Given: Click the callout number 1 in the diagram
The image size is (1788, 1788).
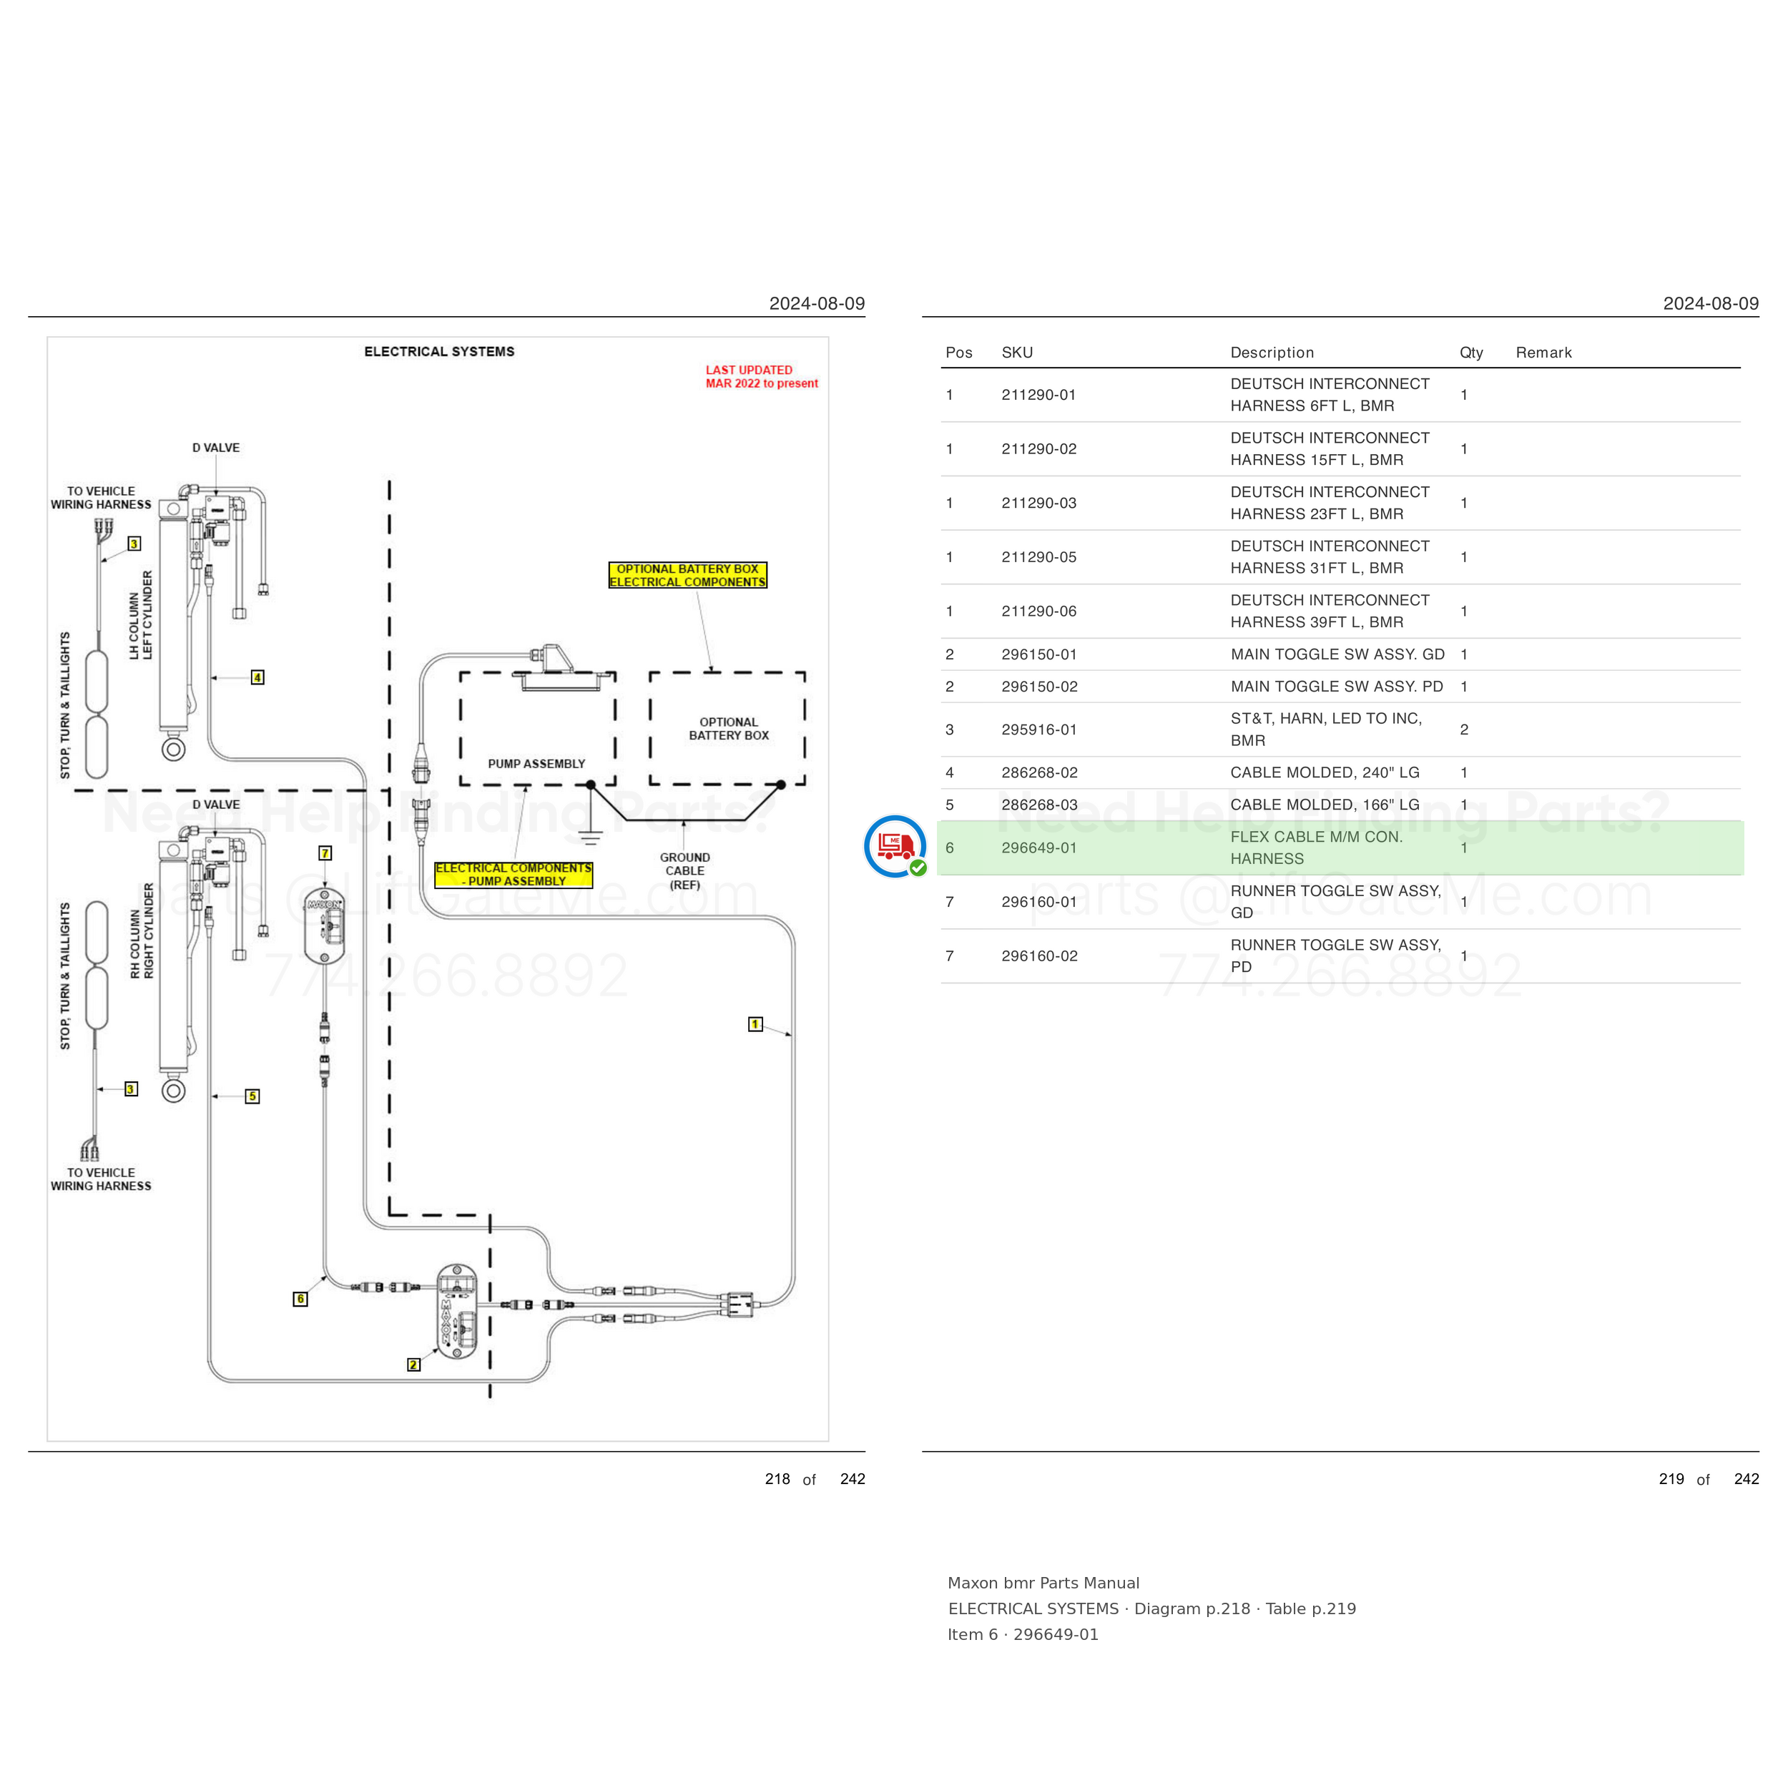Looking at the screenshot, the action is pyautogui.click(x=755, y=1023).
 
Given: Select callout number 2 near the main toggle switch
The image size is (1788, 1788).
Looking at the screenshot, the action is pyautogui.click(x=413, y=1364).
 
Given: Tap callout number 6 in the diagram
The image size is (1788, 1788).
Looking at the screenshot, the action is pyautogui.click(x=300, y=1298).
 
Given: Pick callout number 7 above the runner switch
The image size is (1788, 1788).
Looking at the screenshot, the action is pyautogui.click(x=325, y=853).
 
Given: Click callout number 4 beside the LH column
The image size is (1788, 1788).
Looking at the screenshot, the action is pyautogui.click(x=257, y=677).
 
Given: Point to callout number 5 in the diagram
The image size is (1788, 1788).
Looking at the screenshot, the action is pyautogui.click(x=252, y=1096).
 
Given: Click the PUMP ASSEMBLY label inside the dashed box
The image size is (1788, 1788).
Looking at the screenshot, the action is pyautogui.click(x=537, y=764).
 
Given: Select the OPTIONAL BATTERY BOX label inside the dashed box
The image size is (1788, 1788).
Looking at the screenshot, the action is pyautogui.click(x=728, y=728).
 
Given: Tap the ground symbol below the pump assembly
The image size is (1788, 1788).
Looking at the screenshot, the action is pyautogui.click(x=591, y=835).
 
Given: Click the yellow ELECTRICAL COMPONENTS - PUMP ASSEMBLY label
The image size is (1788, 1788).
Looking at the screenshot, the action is pyautogui.click(x=514, y=875).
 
